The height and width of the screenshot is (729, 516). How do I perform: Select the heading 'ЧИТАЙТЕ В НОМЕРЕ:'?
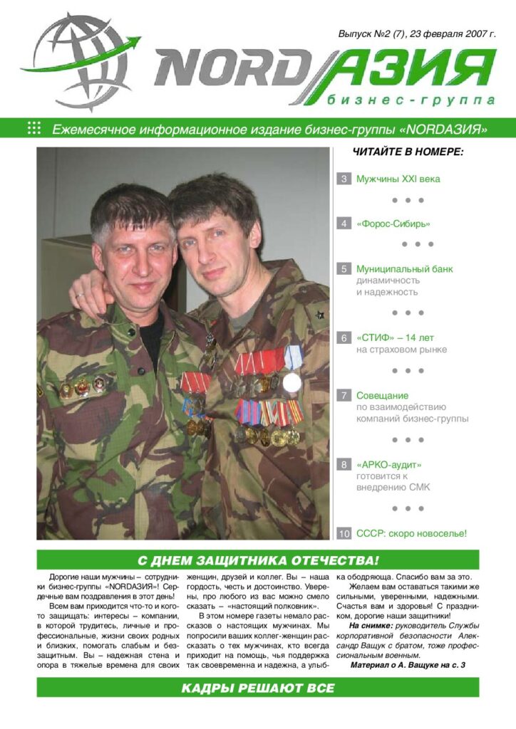[408, 152]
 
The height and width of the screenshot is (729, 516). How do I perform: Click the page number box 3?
[344, 179]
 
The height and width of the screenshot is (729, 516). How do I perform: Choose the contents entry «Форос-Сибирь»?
[393, 224]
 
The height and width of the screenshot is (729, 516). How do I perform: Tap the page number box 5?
[344, 269]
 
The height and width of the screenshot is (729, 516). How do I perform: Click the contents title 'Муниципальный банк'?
[405, 269]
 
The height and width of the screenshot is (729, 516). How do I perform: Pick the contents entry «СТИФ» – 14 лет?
[396, 337]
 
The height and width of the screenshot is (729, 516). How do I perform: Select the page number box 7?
[344, 394]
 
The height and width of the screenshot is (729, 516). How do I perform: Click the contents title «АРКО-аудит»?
[389, 464]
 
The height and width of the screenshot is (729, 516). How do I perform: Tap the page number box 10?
[344, 533]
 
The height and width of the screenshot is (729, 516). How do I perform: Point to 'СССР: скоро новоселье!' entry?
[411, 533]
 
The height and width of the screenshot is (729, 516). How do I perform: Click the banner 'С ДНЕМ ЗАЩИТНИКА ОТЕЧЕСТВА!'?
[258, 560]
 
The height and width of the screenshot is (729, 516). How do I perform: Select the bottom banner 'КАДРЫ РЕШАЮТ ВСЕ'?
[258, 687]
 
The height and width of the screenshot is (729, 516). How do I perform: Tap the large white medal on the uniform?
[291, 382]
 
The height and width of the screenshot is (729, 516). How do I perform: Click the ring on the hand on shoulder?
[80, 294]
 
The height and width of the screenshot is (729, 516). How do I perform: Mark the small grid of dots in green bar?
[33, 128]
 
